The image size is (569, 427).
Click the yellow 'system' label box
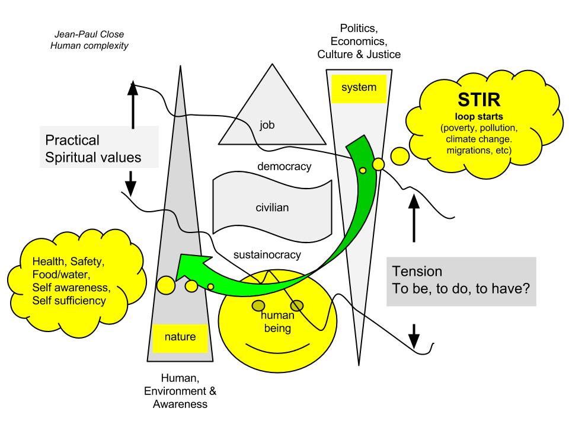[359, 88]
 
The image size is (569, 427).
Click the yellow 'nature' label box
[174, 338]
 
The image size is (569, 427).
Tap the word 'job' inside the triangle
[267, 125]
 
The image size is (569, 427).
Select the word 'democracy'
[284, 166]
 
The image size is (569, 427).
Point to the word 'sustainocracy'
[267, 255]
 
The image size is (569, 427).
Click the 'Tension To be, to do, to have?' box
[461, 281]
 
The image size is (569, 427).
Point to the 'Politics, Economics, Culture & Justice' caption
[359, 42]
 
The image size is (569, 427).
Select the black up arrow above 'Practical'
[133, 104]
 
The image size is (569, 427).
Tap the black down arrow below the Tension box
[414, 336]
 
